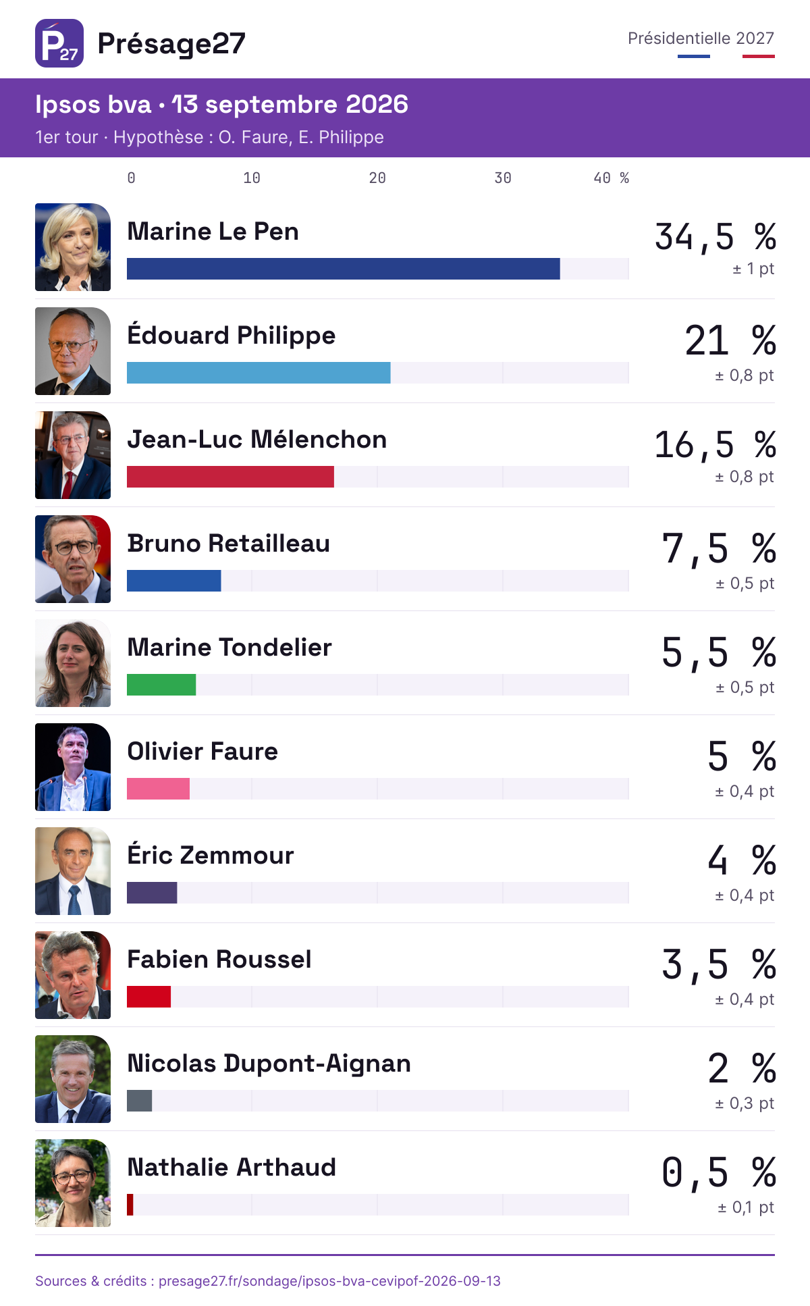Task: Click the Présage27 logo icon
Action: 59,43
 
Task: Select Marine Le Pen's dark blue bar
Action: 344,269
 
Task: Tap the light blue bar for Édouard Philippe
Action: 259,373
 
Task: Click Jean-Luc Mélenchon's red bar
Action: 230,477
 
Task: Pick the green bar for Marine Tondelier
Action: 161,685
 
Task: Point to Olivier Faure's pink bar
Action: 158,789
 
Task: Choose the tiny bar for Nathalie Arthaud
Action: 130,1205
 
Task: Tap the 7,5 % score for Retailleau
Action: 719,548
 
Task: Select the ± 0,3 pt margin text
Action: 745,1103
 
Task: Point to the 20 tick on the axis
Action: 377,178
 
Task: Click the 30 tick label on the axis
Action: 503,178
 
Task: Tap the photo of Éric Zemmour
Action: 73,871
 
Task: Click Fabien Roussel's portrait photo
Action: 73,975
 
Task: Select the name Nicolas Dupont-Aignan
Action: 269,1064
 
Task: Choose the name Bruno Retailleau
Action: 229,544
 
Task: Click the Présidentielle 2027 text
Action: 701,38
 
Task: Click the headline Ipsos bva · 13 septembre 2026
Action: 222,105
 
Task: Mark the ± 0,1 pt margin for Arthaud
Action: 746,1207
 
